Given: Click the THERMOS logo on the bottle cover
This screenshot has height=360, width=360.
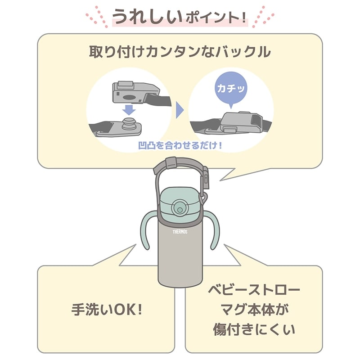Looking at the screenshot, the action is (x=180, y=232).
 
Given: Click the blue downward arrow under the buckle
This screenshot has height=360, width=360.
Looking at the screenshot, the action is (x=129, y=110).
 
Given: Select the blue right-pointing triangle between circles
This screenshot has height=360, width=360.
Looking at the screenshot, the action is (x=180, y=110).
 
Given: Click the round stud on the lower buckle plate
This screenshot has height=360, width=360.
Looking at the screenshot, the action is (x=129, y=124).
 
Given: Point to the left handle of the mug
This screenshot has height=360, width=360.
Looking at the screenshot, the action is (x=148, y=230).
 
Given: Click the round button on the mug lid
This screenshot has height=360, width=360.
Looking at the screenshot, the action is (x=180, y=209).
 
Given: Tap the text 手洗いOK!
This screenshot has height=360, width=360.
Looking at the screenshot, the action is (x=107, y=310).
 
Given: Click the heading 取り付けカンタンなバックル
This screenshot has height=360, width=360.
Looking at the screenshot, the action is (x=180, y=52).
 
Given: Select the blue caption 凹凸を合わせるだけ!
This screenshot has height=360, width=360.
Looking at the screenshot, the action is (x=180, y=145).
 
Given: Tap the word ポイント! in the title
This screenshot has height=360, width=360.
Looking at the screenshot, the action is (x=216, y=18).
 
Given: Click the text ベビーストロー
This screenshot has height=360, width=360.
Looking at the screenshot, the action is (x=254, y=290).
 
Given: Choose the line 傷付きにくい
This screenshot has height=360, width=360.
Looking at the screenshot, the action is (x=254, y=330).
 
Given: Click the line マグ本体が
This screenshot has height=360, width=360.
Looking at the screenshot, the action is (x=254, y=310).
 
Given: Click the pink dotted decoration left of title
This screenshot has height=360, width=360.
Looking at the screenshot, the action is (x=97, y=17).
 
